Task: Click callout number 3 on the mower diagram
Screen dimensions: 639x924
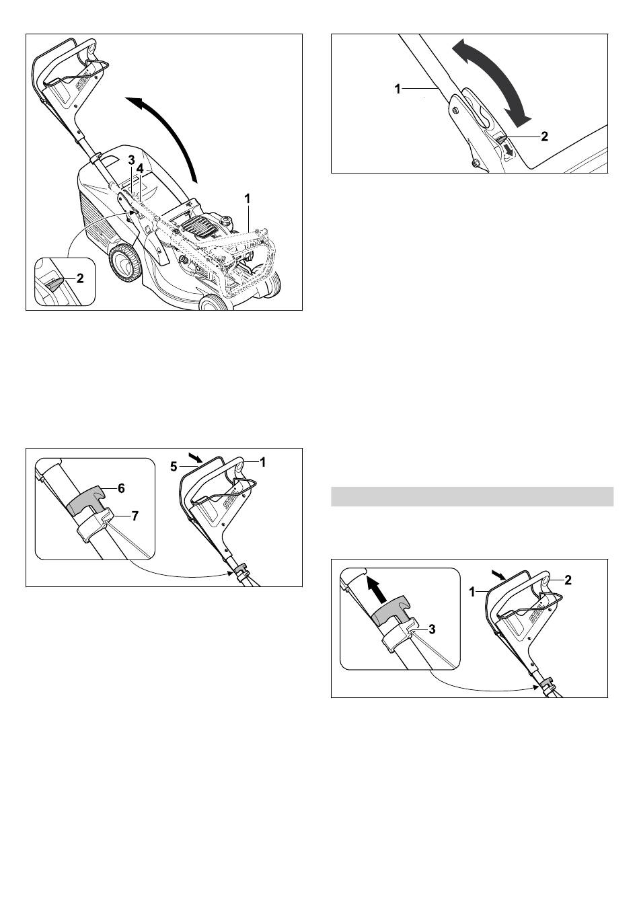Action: coord(131,159)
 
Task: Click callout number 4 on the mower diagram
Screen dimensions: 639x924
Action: coord(141,169)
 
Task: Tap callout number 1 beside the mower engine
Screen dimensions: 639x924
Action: coord(248,199)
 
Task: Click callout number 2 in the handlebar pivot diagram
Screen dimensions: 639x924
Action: coord(544,137)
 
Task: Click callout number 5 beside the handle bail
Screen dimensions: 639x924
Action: coord(174,467)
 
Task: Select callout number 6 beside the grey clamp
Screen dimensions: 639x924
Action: coord(121,488)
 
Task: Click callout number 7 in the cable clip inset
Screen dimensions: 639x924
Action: coord(135,516)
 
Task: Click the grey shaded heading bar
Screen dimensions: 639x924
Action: coord(472,496)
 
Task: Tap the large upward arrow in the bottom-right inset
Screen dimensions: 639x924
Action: coord(377,590)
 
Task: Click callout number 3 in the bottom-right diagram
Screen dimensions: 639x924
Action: coord(432,629)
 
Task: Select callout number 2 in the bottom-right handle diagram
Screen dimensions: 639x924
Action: coord(568,580)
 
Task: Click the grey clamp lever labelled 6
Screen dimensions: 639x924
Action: coord(86,500)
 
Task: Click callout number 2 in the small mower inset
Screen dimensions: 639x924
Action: coord(81,278)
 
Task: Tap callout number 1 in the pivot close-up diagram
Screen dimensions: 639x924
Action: coord(398,89)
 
